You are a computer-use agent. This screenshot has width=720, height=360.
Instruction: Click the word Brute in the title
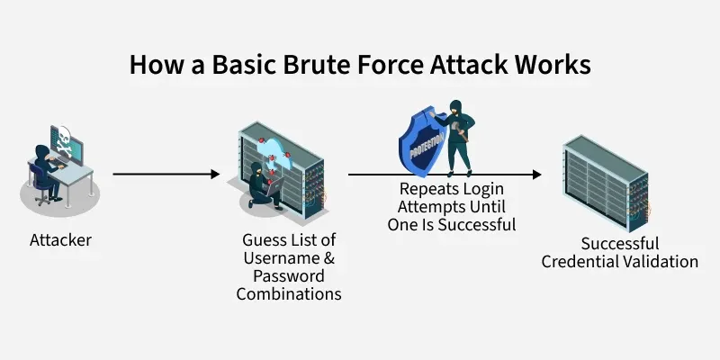303,65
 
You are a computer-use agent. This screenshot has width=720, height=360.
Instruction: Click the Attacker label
60,240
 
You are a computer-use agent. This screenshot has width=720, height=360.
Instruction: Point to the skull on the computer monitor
66,140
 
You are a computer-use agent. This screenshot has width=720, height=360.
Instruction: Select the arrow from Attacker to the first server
166,174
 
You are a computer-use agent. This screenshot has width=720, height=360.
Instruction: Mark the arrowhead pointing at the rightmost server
536,174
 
